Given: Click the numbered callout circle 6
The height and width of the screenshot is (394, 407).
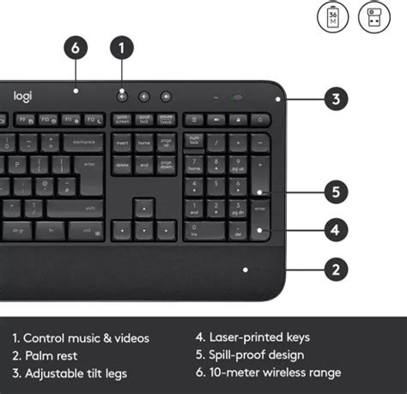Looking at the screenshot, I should click(x=76, y=49).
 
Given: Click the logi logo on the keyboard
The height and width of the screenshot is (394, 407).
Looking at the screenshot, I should click(x=22, y=96).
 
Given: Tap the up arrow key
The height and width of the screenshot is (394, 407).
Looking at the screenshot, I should click(x=144, y=208).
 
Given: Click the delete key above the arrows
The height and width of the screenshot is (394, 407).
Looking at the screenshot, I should click(x=122, y=163).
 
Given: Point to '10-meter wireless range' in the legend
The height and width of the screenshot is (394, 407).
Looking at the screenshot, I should click(x=268, y=372).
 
